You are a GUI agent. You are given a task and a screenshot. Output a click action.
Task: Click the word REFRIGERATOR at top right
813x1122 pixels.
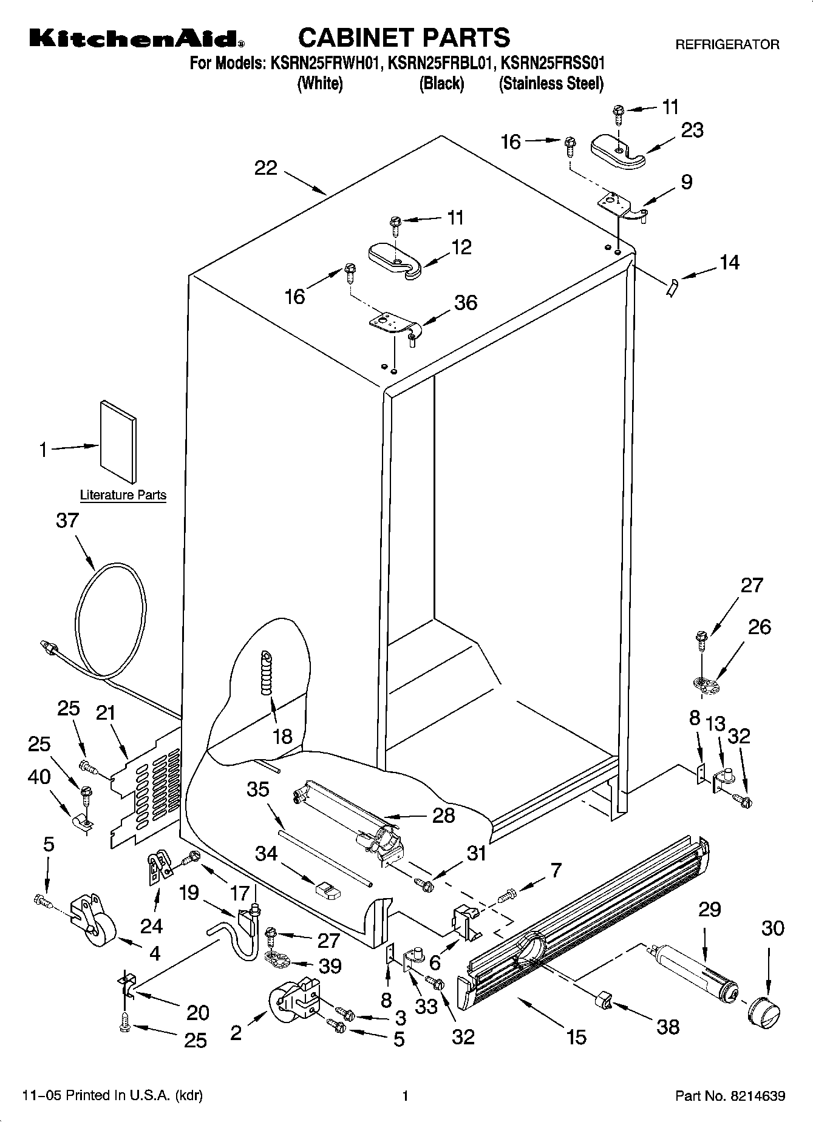727,45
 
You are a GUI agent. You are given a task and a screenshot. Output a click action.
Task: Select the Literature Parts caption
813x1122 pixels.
123,495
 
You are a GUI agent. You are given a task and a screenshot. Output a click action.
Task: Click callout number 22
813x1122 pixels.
265,168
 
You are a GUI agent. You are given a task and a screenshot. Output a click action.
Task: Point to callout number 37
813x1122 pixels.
67,521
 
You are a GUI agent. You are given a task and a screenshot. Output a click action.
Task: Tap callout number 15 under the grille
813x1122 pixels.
576,1037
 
